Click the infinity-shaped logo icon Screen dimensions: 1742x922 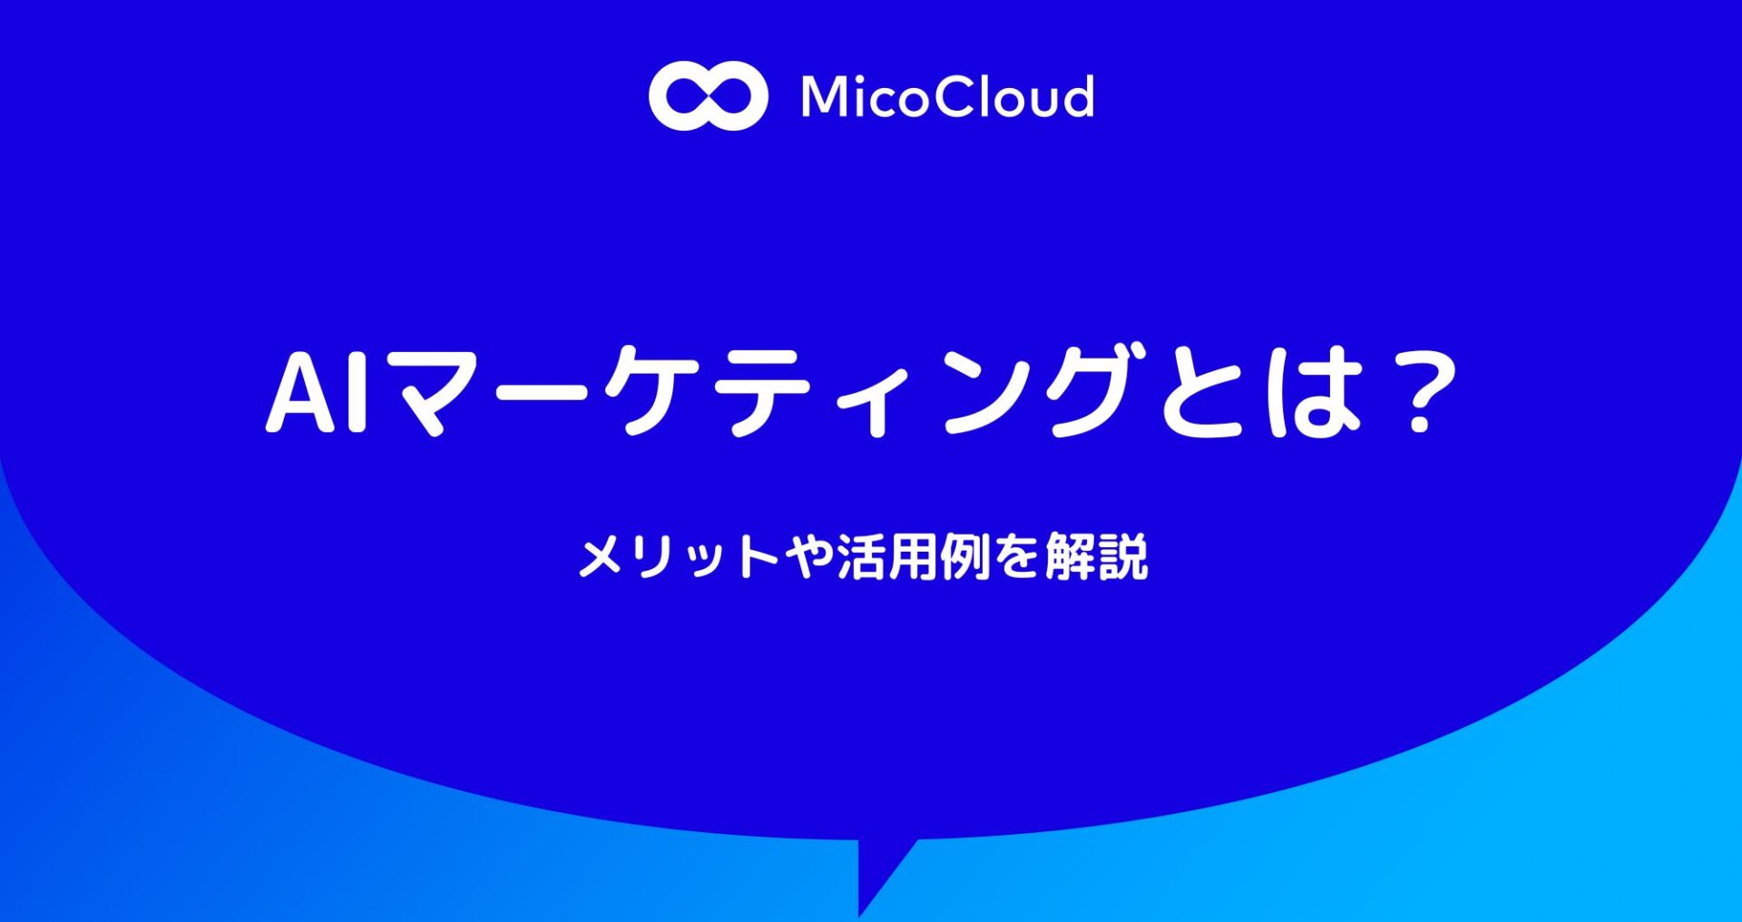(708, 96)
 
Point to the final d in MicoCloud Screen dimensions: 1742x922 (1075, 96)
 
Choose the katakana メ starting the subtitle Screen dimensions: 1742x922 (602, 556)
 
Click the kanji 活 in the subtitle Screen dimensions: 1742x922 (861, 556)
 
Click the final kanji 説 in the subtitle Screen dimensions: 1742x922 (1123, 556)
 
